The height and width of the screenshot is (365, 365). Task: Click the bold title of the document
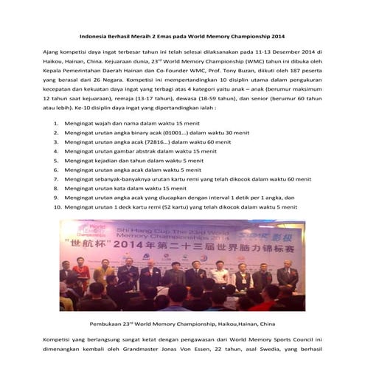pos(182,35)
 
